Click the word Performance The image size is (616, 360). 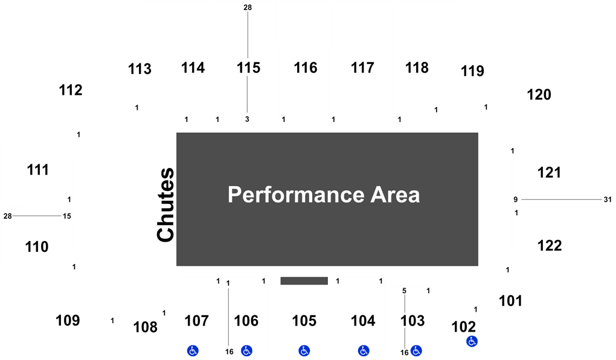point(295,195)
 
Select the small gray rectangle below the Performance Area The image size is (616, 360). point(304,281)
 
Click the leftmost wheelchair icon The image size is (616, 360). point(193,350)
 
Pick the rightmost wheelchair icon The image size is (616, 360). point(472,341)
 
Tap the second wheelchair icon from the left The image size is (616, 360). point(246,350)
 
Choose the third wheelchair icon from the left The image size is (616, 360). point(304,350)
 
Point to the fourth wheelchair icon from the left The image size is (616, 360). point(363,350)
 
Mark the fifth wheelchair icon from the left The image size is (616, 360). point(415,350)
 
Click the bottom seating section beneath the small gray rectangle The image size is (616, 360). point(304,320)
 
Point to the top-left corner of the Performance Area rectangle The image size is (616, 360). point(176,132)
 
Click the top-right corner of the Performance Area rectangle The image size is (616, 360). point(479,132)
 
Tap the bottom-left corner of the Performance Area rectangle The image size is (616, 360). point(176,266)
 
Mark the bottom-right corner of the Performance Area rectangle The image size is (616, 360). point(479,266)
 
